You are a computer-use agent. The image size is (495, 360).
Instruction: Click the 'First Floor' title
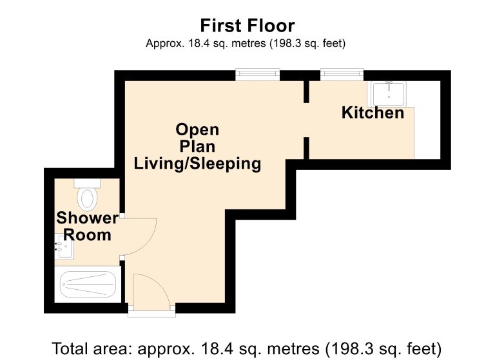pyautogui.click(x=247, y=26)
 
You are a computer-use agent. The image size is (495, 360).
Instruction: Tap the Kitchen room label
pyautogui.click(x=373, y=113)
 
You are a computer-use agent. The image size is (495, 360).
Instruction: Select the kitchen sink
pyautogui.click(x=389, y=94)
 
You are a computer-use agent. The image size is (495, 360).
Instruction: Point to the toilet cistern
pyautogui.click(x=87, y=184)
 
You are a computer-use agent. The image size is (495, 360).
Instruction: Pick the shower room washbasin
pyautogui.click(x=64, y=247)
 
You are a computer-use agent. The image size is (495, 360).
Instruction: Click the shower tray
pyautogui.click(x=88, y=284)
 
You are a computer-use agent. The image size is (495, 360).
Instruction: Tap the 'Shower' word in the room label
pyautogui.click(x=87, y=218)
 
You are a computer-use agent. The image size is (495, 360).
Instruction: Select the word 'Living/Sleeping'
pyautogui.click(x=197, y=164)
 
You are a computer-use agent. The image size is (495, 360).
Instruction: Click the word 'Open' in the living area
pyautogui.click(x=197, y=129)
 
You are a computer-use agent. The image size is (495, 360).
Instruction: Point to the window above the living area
pyautogui.click(x=258, y=75)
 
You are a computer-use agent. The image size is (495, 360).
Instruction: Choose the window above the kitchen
pyautogui.click(x=342, y=75)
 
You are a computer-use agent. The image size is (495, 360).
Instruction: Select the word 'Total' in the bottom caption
pyautogui.click(x=71, y=348)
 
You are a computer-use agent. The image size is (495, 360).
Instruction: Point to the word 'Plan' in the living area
pyautogui.click(x=197, y=147)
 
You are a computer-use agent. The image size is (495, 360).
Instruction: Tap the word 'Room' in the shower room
pyautogui.click(x=88, y=235)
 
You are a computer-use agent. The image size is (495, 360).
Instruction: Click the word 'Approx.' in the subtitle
pyautogui.click(x=165, y=44)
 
